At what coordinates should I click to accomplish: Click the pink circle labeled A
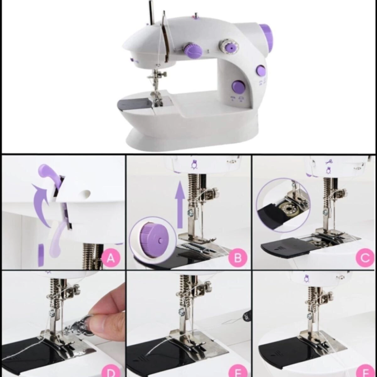point(111,259)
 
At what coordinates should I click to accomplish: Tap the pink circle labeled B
point(238,259)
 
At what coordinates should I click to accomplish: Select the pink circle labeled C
point(364,259)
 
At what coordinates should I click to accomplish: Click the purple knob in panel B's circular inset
point(149,236)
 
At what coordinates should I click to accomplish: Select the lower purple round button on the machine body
point(237,86)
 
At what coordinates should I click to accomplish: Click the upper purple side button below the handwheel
point(260,70)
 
